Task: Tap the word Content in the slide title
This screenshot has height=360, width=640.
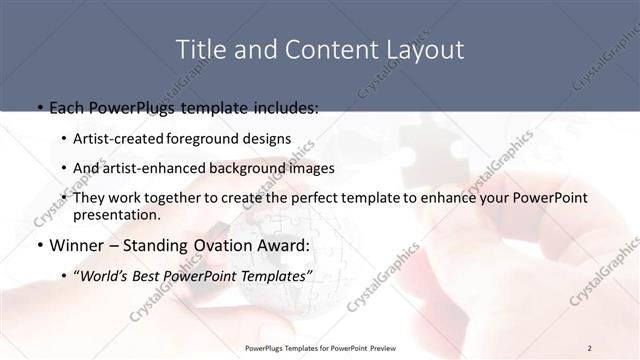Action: coord(315,49)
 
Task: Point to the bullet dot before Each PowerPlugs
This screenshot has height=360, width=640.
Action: coord(39,106)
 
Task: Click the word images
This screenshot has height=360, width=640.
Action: coord(313,168)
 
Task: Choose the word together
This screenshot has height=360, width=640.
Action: coord(169,198)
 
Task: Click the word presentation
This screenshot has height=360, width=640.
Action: coord(115,214)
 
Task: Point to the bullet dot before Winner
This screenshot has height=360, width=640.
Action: coord(39,245)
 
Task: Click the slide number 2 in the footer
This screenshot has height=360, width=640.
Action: coord(589,348)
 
